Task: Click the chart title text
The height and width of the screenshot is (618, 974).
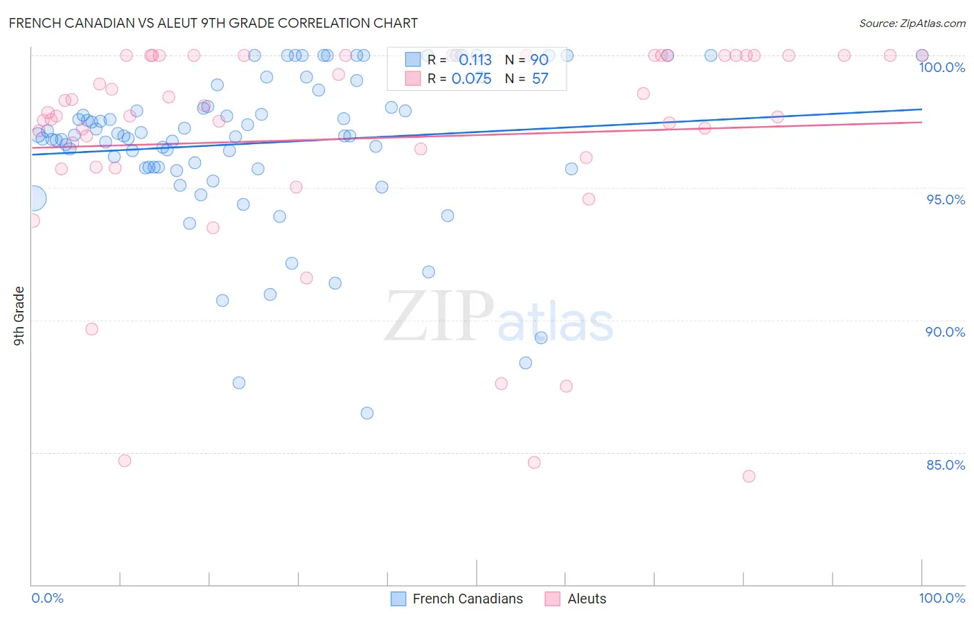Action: [213, 23]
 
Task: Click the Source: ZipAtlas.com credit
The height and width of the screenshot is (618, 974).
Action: [912, 24]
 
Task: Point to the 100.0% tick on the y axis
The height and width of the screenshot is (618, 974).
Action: [941, 67]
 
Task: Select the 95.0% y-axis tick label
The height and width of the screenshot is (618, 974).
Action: [946, 200]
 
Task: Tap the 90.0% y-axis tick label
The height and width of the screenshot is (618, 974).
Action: [946, 332]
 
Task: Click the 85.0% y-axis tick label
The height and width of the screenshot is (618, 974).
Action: [946, 465]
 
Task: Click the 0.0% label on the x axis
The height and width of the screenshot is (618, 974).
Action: [47, 598]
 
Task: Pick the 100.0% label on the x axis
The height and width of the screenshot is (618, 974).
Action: [941, 598]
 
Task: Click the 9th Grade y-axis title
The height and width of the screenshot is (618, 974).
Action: [19, 316]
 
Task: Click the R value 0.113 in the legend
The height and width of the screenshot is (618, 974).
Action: [475, 60]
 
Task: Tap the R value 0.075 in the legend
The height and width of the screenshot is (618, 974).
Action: [471, 79]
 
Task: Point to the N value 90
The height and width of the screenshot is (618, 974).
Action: [540, 60]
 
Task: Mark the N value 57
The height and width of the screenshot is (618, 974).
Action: [540, 79]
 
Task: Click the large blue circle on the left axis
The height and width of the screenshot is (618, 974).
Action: [33, 199]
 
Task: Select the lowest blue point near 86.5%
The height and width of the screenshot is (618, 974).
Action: [367, 413]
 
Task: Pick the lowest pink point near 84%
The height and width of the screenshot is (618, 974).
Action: [749, 476]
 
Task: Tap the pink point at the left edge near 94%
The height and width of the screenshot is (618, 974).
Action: [32, 221]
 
